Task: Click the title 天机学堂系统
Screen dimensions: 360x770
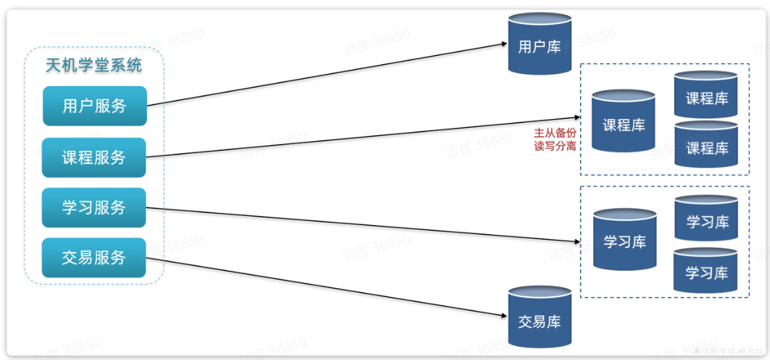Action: (94, 66)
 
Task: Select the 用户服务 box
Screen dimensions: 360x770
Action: (94, 106)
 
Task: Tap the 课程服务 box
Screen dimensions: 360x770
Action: (94, 157)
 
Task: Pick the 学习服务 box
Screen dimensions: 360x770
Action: (94, 208)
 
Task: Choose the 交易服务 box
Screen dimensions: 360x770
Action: (94, 257)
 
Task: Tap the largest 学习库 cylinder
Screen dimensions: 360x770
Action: (625, 241)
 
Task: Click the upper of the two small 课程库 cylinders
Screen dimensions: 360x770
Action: (706, 97)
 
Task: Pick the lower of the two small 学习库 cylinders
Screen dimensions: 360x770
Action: (706, 272)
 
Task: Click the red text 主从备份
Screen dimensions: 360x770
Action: (555, 133)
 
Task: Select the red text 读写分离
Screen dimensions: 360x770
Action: (555, 146)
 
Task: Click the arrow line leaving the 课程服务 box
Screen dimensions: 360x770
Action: (364, 137)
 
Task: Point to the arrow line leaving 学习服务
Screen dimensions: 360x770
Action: (364, 224)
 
